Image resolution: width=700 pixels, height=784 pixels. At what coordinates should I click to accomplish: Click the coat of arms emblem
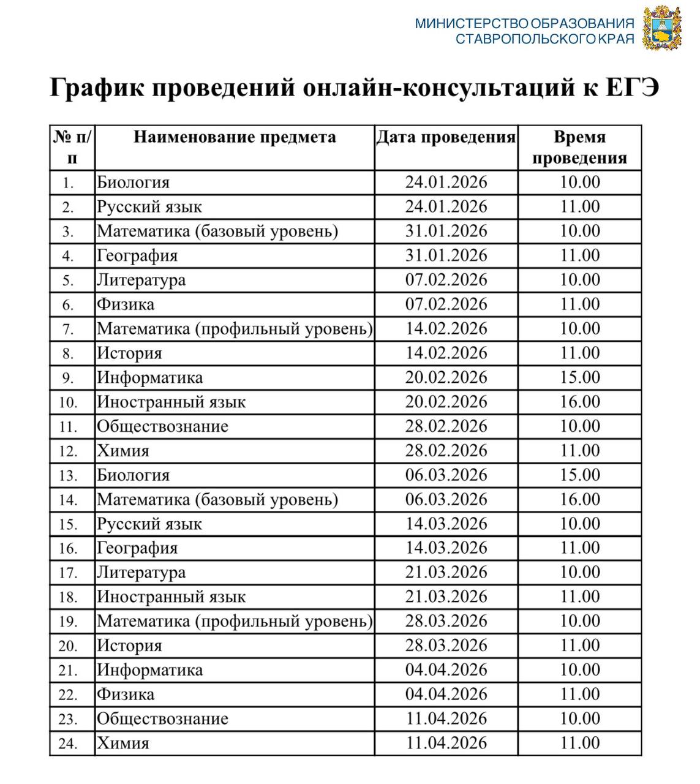pyautogui.click(x=661, y=28)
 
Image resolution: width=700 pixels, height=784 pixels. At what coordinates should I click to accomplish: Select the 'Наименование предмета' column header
pyautogui.click(x=235, y=137)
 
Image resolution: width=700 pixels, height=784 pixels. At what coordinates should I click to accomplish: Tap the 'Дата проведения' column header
pyautogui.click(x=446, y=137)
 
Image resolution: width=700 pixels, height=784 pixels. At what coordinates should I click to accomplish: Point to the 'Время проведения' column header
pyautogui.click(x=579, y=148)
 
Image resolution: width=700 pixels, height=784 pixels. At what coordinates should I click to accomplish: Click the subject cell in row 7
pyautogui.click(x=235, y=329)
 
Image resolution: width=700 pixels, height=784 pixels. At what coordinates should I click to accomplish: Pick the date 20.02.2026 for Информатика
pyautogui.click(x=446, y=378)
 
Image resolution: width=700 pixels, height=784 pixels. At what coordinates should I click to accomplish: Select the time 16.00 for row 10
pyautogui.click(x=579, y=402)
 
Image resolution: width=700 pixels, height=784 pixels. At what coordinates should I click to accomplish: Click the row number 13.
pyautogui.click(x=68, y=476)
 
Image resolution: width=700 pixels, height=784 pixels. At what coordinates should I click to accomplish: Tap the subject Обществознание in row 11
pyautogui.click(x=162, y=427)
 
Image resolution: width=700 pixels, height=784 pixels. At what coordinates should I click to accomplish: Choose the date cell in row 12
pyautogui.click(x=446, y=451)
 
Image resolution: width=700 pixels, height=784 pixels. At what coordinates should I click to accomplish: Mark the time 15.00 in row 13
pyautogui.click(x=579, y=475)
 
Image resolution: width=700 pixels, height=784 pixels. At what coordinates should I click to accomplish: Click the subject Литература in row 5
pyautogui.click(x=141, y=281)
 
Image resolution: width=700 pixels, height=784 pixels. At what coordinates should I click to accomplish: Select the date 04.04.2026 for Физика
pyautogui.click(x=446, y=695)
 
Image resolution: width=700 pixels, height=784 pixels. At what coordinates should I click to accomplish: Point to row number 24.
pyautogui.click(x=68, y=744)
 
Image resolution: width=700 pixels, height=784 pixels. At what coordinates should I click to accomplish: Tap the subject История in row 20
pyautogui.click(x=129, y=646)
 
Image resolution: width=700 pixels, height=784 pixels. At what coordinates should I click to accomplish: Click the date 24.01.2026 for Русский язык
pyautogui.click(x=446, y=207)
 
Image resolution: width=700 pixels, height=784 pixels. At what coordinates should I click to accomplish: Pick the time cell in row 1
pyautogui.click(x=579, y=183)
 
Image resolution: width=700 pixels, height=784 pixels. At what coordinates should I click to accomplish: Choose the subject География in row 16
pyautogui.click(x=137, y=548)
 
